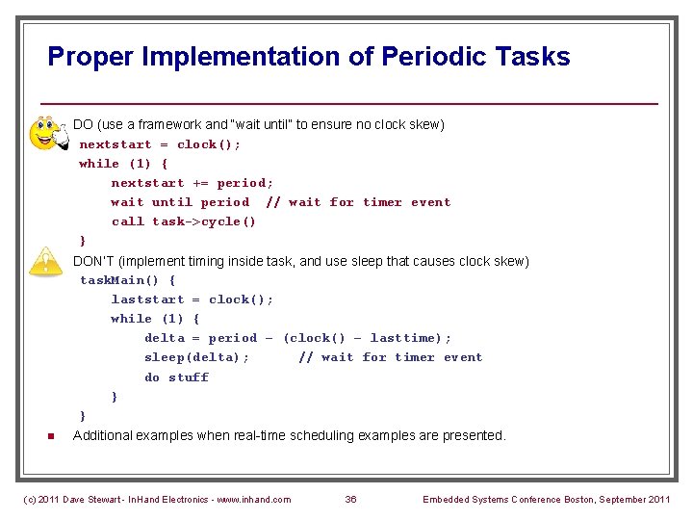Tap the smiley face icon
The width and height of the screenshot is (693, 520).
[x=46, y=133]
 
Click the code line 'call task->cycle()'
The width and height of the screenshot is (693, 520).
[x=184, y=221]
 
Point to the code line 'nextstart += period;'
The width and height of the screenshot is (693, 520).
[x=192, y=183]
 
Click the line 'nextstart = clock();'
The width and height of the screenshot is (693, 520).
[x=161, y=144]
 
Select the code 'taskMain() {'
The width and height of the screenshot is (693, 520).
[x=128, y=280]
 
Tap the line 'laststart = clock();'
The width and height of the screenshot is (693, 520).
[x=192, y=299]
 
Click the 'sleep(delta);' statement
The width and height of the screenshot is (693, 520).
[x=196, y=357]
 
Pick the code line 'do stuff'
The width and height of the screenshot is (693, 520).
[x=176, y=377]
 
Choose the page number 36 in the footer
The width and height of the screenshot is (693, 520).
[x=350, y=499]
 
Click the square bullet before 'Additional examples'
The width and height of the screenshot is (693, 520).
[x=49, y=436]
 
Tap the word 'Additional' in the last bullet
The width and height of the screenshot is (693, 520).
[x=104, y=435]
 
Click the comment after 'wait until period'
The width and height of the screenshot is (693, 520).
[x=358, y=202]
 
